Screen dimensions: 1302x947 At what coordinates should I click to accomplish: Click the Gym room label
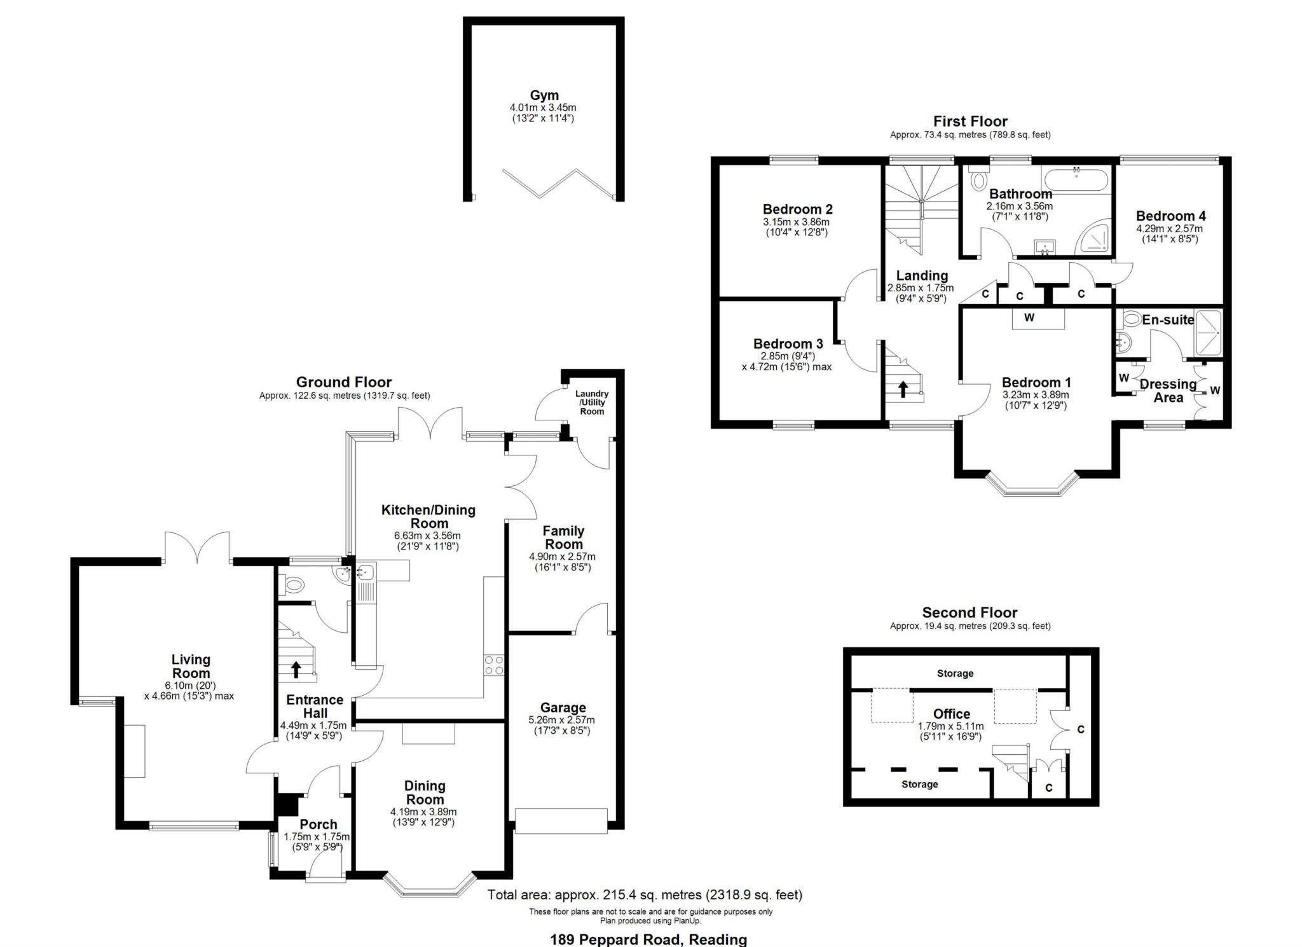pyautogui.click(x=544, y=95)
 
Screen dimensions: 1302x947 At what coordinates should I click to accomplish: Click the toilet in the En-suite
pyautogui.click(x=1131, y=318)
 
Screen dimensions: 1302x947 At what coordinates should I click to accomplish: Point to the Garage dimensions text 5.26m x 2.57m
pyautogui.click(x=562, y=720)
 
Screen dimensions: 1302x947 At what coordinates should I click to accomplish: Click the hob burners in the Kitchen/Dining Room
pyautogui.click(x=494, y=665)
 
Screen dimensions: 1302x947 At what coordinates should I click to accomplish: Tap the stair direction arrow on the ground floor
pyautogui.click(x=296, y=669)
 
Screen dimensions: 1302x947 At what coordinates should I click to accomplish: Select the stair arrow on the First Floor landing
pyautogui.click(x=903, y=389)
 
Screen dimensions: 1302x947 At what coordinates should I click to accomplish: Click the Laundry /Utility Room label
pyautogui.click(x=591, y=403)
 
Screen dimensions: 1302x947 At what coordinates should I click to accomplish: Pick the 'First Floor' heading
pyautogui.click(x=970, y=121)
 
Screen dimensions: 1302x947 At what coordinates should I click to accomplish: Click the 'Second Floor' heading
pyautogui.click(x=970, y=612)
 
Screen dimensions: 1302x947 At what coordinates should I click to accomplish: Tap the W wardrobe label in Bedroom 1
pyautogui.click(x=1029, y=317)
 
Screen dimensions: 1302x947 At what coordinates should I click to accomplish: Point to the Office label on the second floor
pyautogui.click(x=952, y=714)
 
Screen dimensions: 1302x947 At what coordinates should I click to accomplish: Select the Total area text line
pyautogui.click(x=645, y=895)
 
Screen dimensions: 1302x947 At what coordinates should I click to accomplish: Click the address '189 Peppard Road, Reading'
pyautogui.click(x=648, y=939)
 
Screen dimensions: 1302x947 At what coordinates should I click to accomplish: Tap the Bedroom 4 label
pyautogui.click(x=1170, y=216)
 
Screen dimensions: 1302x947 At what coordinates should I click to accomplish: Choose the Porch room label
pyautogui.click(x=319, y=824)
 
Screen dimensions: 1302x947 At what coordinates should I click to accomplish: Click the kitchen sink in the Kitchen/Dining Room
pyautogui.click(x=366, y=572)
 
